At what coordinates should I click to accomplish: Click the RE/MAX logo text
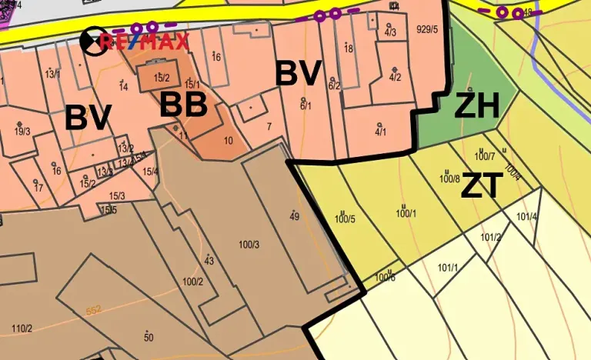click(x=144, y=42)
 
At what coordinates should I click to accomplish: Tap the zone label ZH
click(x=476, y=106)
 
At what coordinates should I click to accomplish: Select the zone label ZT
click(x=482, y=186)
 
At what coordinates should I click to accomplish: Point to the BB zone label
click(x=183, y=105)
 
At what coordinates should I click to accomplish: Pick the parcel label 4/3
click(x=390, y=32)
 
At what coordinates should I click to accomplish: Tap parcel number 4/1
click(x=380, y=132)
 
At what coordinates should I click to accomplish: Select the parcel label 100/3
click(x=249, y=245)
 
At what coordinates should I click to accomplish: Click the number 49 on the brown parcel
click(x=294, y=217)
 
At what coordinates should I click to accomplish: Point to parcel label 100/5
click(x=345, y=219)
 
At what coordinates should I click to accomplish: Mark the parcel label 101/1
click(x=447, y=268)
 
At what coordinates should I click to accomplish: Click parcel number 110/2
click(x=22, y=329)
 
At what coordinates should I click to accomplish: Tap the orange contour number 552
click(x=94, y=310)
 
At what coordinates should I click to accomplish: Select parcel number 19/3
click(x=22, y=132)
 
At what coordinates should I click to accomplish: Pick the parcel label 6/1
click(x=306, y=106)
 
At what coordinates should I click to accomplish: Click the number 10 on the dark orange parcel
click(x=228, y=141)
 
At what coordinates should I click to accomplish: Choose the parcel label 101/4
click(x=526, y=217)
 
